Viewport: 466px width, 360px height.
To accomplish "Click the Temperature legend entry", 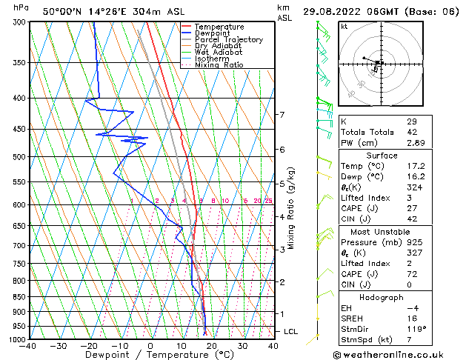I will [220, 27].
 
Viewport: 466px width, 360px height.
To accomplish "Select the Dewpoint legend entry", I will [215, 33].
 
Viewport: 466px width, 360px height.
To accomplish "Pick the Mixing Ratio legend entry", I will [219, 65].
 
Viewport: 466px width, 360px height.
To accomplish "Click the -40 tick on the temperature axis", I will [29, 346].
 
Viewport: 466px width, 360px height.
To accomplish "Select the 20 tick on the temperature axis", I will [211, 346].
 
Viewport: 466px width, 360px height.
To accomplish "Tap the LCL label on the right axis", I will [291, 331].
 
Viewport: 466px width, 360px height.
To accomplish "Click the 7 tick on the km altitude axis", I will [282, 115].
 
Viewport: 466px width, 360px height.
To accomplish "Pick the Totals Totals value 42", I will [411, 131].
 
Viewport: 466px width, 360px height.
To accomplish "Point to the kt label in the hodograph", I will [344, 27].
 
